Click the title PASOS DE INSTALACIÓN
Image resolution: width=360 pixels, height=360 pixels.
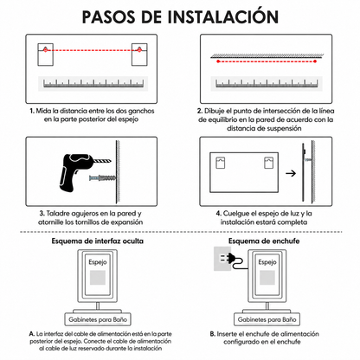point(180,16)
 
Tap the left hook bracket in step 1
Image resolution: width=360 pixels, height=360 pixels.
point(45,55)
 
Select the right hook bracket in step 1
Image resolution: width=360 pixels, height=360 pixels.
point(139,55)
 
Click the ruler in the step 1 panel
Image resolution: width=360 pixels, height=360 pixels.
point(93,83)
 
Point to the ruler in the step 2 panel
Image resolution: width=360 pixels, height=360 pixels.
point(267,83)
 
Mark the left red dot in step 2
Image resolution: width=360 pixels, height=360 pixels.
point(218,61)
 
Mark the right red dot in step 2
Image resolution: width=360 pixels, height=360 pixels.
point(315,61)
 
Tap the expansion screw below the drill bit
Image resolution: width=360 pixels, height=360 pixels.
point(103,178)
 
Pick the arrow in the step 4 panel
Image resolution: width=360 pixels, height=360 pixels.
point(291,173)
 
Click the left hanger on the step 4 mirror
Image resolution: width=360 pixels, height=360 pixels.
point(221,163)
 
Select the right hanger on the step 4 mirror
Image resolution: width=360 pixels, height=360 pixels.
point(269,163)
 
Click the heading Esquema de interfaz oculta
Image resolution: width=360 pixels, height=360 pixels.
point(98,241)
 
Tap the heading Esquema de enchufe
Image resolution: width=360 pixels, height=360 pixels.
point(264,241)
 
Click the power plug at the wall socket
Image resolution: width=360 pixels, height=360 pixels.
point(232,259)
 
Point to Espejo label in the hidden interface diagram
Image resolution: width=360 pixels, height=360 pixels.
point(98,262)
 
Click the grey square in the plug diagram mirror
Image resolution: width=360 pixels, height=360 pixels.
point(267,278)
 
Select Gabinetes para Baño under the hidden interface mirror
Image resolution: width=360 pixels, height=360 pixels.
point(98,319)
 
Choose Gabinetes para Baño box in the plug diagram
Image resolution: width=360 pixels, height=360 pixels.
point(267,319)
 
